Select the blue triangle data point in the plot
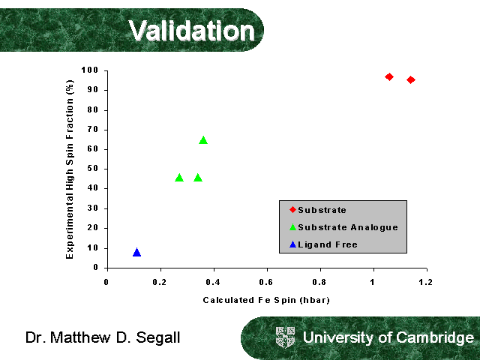[x=136, y=252]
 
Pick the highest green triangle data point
[x=203, y=139]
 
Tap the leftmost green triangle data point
[x=179, y=178]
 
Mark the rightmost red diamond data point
[x=411, y=79]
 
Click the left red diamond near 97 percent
[x=389, y=76]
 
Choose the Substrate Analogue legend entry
[x=347, y=227]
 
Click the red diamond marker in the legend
[x=292, y=209]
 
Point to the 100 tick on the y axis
[x=91, y=70]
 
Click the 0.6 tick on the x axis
[x=266, y=282]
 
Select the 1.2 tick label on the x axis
[x=426, y=282]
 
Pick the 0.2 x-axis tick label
[x=160, y=282]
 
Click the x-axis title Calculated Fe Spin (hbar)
[x=266, y=300]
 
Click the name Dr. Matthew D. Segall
[x=103, y=338]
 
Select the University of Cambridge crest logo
[x=286, y=337]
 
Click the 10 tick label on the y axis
[x=94, y=247]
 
